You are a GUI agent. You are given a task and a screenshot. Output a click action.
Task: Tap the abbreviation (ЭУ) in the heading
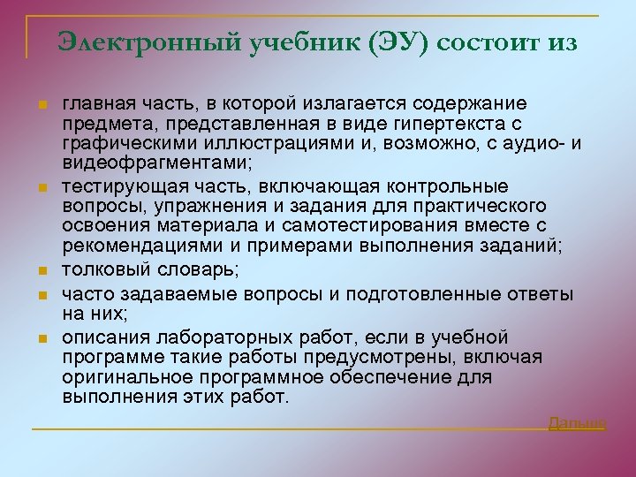pos(396,42)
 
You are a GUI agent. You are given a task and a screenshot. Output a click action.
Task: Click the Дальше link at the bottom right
pos(577,423)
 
